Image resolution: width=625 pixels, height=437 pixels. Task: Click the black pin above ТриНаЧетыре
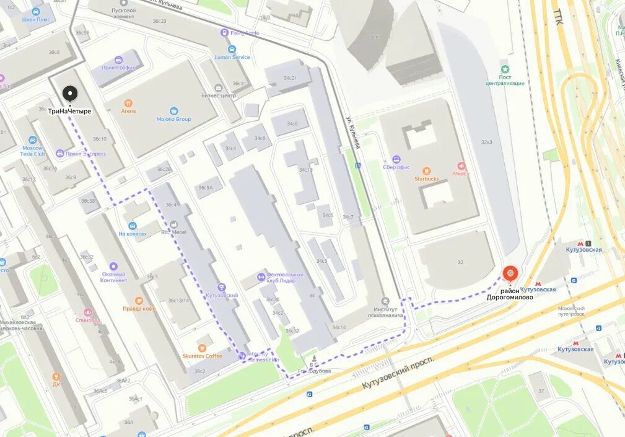click(70, 94)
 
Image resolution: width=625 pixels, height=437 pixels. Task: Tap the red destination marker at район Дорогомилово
click(510, 273)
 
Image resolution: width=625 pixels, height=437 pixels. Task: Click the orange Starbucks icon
click(426, 170)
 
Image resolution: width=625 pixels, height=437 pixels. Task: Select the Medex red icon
click(461, 166)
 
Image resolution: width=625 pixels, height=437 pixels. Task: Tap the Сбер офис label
click(396, 167)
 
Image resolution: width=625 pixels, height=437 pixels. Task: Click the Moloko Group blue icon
click(174, 110)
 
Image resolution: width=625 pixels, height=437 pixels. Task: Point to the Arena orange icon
click(128, 103)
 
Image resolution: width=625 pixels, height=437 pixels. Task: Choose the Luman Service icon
click(232, 49)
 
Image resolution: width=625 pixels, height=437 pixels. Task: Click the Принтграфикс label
click(118, 67)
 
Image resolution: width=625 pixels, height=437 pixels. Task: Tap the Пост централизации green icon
click(505, 69)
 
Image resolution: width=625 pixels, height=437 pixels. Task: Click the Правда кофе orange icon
click(139, 301)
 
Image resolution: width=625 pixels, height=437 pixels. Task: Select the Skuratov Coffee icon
click(202, 347)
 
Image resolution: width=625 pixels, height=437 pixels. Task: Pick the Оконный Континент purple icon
click(113, 266)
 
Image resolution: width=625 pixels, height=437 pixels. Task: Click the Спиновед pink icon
click(87, 312)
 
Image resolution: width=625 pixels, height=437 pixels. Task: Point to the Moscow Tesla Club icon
click(32, 140)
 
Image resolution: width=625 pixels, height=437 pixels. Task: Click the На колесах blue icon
click(133, 225)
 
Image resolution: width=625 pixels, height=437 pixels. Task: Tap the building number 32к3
click(486, 142)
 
